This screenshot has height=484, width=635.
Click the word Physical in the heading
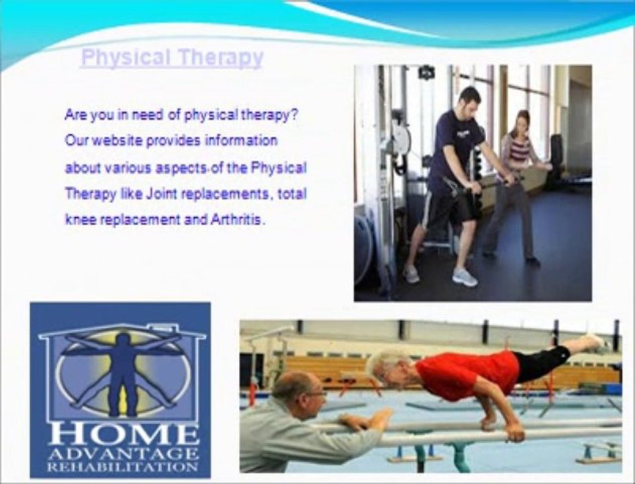126,58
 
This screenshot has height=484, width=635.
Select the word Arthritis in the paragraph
236,220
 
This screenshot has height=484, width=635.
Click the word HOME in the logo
123,435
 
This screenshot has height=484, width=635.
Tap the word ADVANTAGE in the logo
123,454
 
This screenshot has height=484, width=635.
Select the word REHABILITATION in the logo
123,467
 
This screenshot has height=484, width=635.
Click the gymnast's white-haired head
386,367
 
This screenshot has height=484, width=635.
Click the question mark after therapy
295,114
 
